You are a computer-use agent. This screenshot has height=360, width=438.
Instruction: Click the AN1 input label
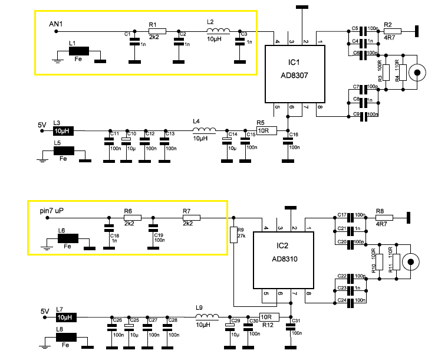click(x=55, y=24)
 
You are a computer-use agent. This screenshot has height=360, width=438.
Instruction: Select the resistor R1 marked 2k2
click(x=157, y=31)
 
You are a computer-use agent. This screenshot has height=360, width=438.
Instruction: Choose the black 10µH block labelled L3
click(x=62, y=131)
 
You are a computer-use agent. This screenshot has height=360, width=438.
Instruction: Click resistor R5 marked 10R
click(x=266, y=131)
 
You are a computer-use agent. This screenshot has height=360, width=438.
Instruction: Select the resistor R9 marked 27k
click(x=233, y=233)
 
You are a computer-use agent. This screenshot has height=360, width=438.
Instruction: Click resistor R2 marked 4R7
click(x=393, y=30)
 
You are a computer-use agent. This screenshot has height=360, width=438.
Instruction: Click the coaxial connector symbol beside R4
click(x=418, y=73)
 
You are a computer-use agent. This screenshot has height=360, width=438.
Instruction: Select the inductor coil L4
click(x=204, y=131)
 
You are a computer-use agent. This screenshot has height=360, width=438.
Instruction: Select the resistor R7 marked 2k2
click(x=192, y=218)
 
